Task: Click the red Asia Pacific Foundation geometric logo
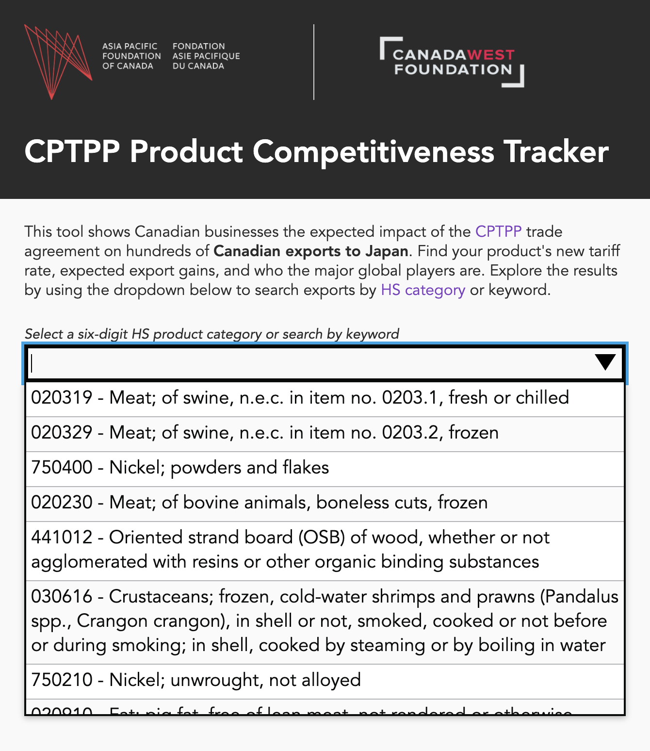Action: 57,61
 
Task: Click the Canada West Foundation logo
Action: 452,62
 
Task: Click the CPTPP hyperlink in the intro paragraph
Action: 498,231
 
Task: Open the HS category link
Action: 422,290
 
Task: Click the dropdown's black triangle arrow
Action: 605,362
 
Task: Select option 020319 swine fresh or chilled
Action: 300,398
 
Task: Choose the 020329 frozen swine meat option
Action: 265,433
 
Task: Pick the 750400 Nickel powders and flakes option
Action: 180,468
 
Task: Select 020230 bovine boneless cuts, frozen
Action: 259,503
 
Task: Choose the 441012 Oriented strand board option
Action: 290,550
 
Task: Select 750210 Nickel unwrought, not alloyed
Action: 196,680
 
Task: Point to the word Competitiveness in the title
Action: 373,152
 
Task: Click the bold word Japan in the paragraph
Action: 386,251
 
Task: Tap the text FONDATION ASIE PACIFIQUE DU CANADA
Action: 206,56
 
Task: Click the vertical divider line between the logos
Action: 314,62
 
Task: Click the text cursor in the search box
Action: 32,363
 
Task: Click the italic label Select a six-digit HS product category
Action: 211,334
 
